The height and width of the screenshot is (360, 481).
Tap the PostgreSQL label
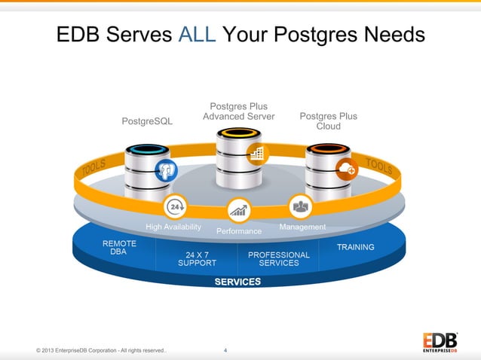tap(147, 121)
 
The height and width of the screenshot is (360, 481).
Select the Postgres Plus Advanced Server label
tap(238, 111)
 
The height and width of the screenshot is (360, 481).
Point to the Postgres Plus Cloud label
tap(328, 121)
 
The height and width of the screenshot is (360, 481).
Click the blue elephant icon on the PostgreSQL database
tap(165, 170)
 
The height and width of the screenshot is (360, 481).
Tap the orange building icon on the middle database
tap(257, 154)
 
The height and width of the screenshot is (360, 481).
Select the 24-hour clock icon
tap(176, 206)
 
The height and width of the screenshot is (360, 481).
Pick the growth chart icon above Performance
tap(239, 209)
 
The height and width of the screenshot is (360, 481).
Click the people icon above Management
tap(301, 205)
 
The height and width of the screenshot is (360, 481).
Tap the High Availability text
tap(173, 227)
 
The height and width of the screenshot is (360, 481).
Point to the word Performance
tap(239, 231)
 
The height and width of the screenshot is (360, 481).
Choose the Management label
tap(302, 227)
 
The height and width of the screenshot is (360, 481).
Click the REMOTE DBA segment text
tap(119, 248)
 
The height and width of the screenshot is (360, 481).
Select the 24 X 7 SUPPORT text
tap(197, 259)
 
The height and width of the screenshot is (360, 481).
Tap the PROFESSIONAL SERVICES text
tap(279, 259)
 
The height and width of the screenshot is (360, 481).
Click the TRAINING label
tap(355, 247)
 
